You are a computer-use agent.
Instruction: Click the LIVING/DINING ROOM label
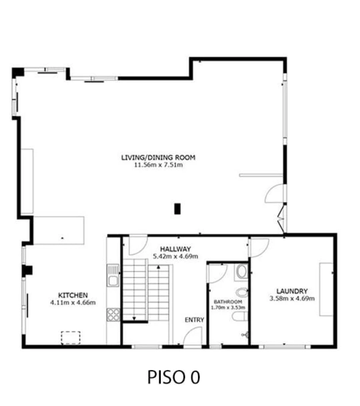(x=158, y=157)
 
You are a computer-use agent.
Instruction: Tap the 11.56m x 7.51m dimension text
(x=158, y=165)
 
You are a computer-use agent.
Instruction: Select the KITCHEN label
(x=73, y=295)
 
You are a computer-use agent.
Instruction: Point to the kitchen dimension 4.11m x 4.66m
(x=73, y=303)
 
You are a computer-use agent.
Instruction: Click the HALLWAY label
(x=176, y=249)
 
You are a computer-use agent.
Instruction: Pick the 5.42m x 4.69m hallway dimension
(x=176, y=256)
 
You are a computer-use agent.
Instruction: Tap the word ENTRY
(x=194, y=320)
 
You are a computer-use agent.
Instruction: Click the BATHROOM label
(x=228, y=302)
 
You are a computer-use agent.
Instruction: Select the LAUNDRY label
(x=292, y=291)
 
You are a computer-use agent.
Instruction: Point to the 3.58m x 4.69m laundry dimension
(x=292, y=299)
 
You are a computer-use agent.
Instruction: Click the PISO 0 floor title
(x=174, y=377)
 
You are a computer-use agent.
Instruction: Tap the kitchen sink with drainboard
(x=113, y=275)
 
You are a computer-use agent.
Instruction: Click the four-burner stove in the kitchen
(x=113, y=314)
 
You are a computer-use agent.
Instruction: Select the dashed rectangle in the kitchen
(x=70, y=338)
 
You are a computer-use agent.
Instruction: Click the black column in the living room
(x=177, y=209)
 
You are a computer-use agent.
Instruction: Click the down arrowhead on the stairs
(x=134, y=318)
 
